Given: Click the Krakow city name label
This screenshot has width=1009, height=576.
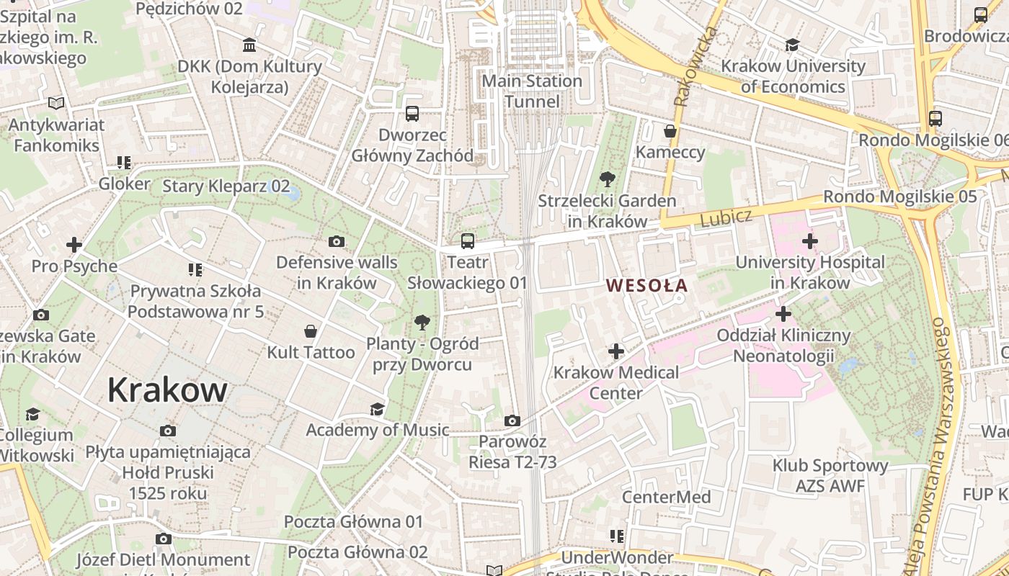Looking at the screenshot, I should (167, 390).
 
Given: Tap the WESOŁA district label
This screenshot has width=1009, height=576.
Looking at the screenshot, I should (646, 286).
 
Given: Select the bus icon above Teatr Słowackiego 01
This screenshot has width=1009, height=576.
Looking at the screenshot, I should (468, 241).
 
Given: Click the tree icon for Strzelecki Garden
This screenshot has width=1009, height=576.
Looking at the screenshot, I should (607, 179).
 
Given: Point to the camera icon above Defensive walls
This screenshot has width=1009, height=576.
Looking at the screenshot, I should (336, 241).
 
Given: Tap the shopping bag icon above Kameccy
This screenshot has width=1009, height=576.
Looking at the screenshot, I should (670, 131).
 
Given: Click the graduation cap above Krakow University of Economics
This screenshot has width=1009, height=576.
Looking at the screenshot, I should (792, 45).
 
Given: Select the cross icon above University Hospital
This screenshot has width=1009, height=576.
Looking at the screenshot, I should (809, 241).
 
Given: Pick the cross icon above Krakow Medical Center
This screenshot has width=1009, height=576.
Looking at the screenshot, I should (615, 351).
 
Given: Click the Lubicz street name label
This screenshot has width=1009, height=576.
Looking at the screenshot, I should (726, 217).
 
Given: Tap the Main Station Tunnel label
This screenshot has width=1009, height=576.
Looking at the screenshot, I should (532, 91).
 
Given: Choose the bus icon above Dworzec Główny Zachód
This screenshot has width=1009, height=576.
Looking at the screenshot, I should (412, 114).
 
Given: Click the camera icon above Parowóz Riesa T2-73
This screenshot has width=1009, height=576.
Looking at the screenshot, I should (512, 420).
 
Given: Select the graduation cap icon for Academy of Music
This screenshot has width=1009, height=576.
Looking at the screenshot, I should (377, 410).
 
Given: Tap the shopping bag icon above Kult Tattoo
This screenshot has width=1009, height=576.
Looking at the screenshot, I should (311, 331).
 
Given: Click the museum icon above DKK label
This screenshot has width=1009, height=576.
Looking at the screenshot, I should (249, 45).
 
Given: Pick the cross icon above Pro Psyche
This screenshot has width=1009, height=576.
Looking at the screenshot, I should (74, 245).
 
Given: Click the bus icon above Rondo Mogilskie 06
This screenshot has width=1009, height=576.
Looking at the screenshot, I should (935, 119).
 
